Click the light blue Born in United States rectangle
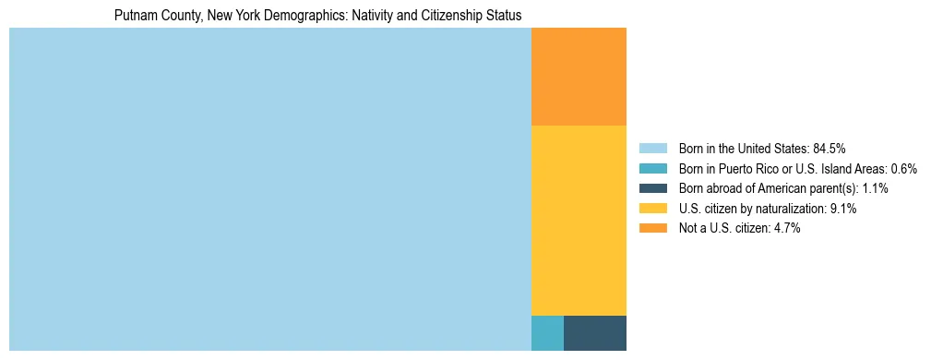(269, 189)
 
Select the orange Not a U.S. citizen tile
(579, 77)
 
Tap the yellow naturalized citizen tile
(579, 220)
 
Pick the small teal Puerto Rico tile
(547, 333)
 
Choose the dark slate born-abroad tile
(595, 333)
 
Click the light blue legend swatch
(653, 149)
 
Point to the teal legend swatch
(653, 169)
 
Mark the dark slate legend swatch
(653, 188)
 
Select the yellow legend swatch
(653, 209)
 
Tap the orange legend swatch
(653, 229)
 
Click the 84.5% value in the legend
(830, 149)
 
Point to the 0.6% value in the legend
(903, 169)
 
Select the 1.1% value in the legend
(874, 188)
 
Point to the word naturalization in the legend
(792, 209)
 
